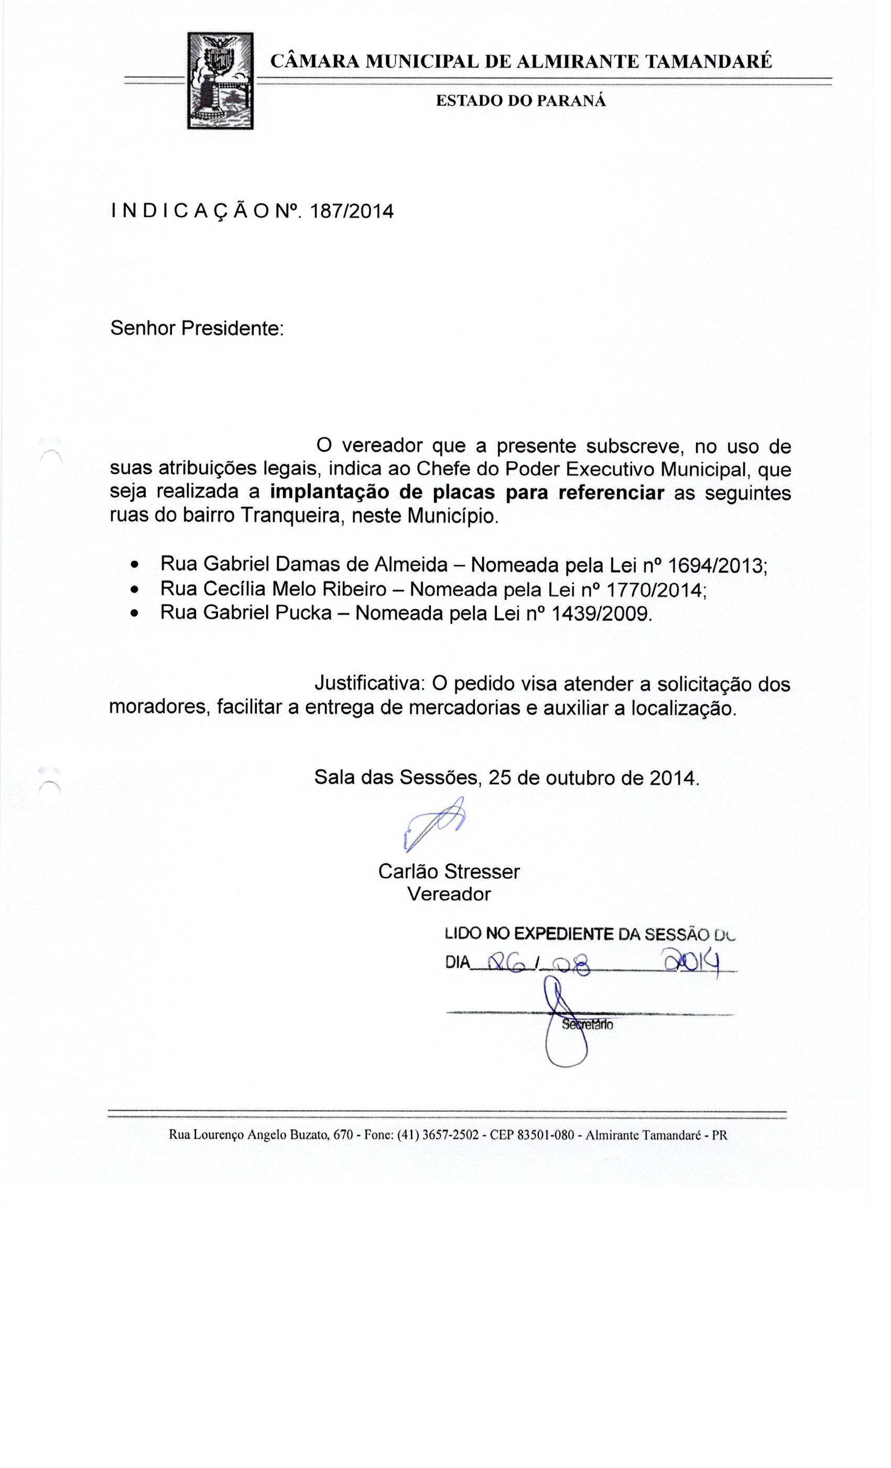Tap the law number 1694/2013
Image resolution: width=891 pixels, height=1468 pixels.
click(717, 565)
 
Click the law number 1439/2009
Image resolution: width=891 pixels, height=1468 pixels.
click(601, 613)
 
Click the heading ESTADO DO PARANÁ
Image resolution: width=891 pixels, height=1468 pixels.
click(520, 101)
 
